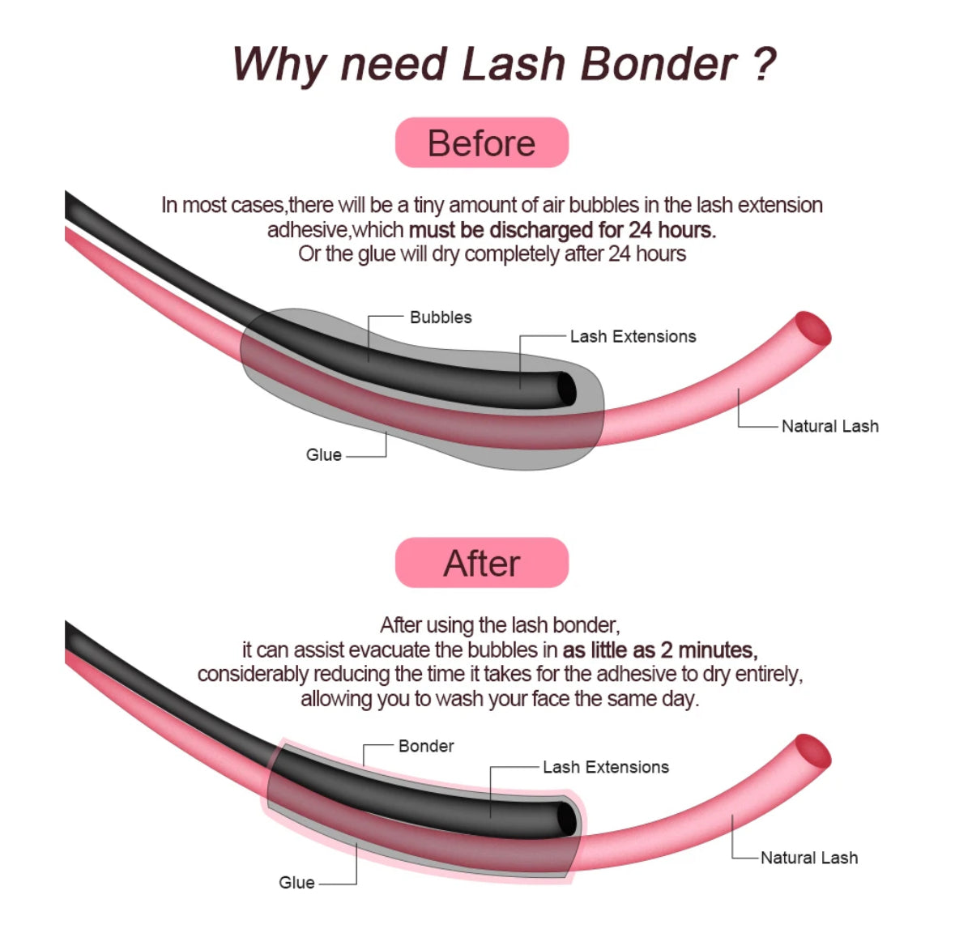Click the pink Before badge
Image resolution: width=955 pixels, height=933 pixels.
click(x=481, y=143)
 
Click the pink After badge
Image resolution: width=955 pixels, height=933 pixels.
click(x=481, y=563)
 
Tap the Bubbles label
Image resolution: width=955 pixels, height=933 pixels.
click(x=441, y=317)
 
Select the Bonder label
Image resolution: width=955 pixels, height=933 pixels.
click(x=426, y=746)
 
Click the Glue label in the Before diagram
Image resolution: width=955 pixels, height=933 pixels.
click(x=324, y=455)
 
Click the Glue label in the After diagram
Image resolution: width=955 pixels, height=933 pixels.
click(x=296, y=883)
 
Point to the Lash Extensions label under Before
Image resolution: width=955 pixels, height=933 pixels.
click(x=633, y=337)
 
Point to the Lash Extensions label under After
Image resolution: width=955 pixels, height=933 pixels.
click(x=606, y=767)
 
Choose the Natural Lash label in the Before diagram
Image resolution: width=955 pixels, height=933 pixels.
click(x=829, y=426)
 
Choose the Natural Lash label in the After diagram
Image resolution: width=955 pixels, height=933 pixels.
click(x=808, y=858)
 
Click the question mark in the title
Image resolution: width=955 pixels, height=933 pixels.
click(x=764, y=65)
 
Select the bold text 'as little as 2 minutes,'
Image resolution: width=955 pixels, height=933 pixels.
click(x=660, y=650)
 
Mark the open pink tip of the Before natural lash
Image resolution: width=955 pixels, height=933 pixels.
click(x=812, y=329)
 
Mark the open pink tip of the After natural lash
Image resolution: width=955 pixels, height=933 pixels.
click(x=812, y=752)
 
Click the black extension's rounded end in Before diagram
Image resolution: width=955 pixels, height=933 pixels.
click(x=566, y=390)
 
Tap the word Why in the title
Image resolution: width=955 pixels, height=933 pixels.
click(x=279, y=65)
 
